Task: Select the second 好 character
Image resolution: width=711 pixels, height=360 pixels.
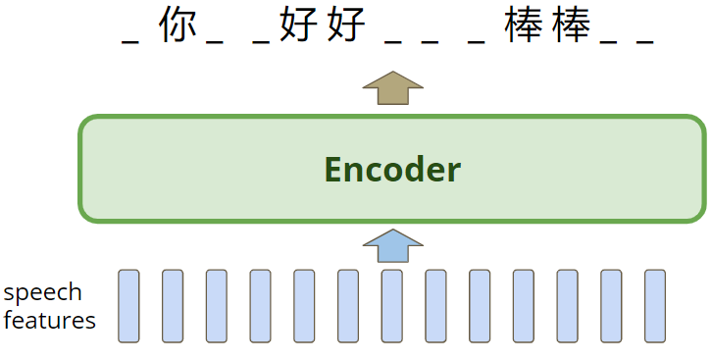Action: pos(346,26)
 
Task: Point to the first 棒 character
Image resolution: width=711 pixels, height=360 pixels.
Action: pos(525,26)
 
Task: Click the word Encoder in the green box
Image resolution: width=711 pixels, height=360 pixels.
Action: pos(392,170)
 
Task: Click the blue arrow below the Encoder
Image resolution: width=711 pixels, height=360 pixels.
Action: pos(391,246)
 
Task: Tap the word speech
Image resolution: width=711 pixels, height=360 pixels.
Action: pos(42,292)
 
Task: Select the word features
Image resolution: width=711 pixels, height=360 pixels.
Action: pos(49,320)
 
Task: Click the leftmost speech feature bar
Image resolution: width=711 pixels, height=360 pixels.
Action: pos(128,306)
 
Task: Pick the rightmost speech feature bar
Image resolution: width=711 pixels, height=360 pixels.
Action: pos(655,306)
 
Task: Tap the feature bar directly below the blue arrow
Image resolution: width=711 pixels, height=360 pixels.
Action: pos(391,306)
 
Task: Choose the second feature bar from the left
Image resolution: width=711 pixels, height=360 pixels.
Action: pos(173,306)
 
